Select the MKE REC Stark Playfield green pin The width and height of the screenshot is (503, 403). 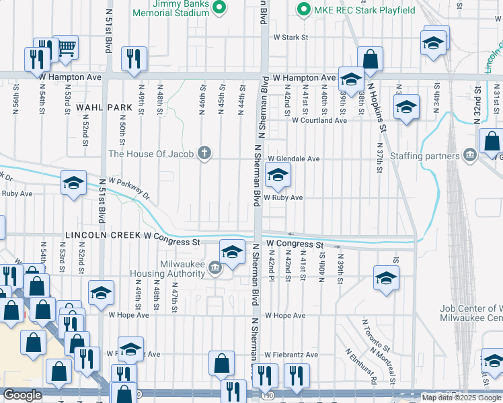click(x=303, y=9)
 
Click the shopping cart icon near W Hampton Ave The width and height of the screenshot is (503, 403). click(x=67, y=48)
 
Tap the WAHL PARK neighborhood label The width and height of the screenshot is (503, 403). click(x=104, y=107)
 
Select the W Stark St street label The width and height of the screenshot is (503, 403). click(x=290, y=38)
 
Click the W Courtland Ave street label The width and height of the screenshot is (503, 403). click(x=319, y=120)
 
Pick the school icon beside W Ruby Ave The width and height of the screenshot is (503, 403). click(x=277, y=176)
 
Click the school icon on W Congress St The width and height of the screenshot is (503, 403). click(x=232, y=253)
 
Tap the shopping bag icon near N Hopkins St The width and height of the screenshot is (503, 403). click(x=370, y=60)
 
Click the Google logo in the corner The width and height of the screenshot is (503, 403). click(x=22, y=396)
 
